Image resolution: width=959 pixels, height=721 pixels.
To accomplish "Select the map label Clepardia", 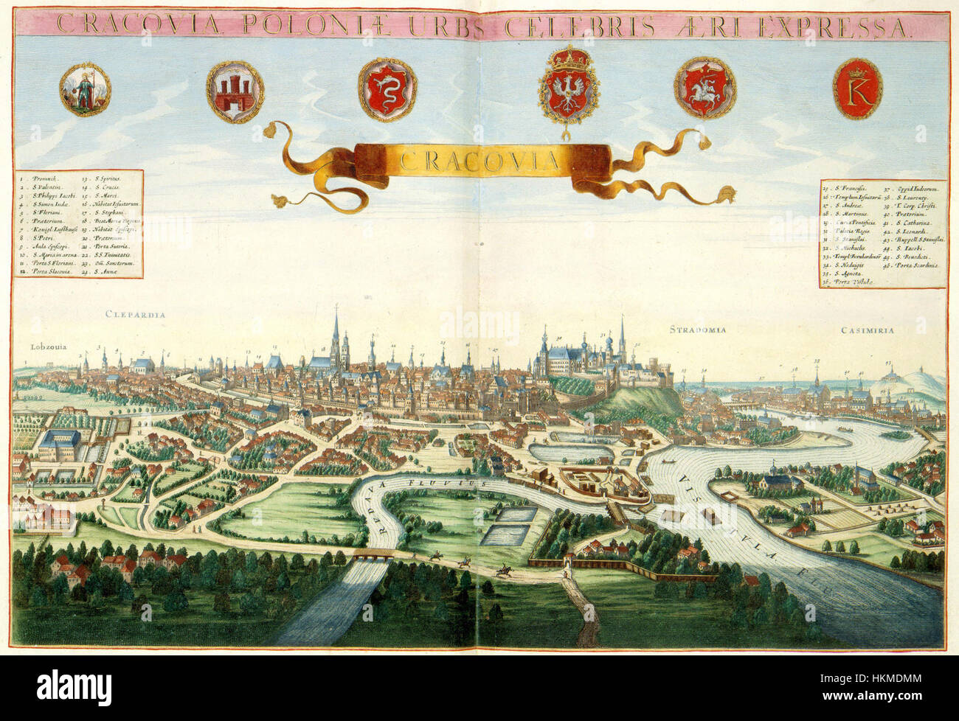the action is click(134, 315).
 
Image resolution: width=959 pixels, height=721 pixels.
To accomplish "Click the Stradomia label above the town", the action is click(698, 330).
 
